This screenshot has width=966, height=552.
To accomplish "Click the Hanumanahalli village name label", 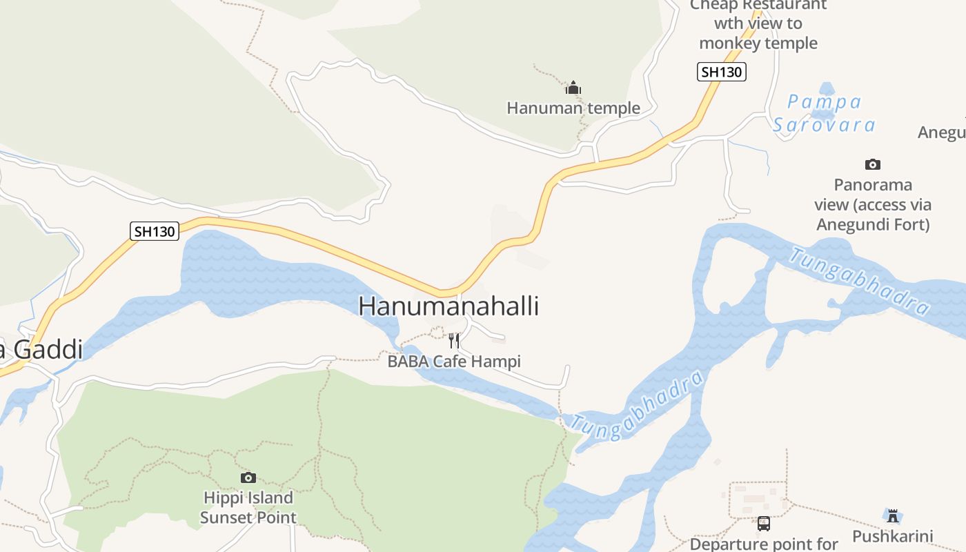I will (x=448, y=306).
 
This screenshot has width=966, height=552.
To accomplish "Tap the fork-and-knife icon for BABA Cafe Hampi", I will (x=454, y=340).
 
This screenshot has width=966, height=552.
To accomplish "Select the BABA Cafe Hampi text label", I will (x=454, y=361).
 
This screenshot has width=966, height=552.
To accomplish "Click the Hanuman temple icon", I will (x=573, y=88).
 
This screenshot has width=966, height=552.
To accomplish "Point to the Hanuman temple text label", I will (x=573, y=108).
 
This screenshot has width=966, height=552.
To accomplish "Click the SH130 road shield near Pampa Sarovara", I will (x=722, y=72).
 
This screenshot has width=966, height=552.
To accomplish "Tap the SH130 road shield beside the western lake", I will (x=155, y=231).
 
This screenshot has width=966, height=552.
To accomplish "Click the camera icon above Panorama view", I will (x=873, y=164).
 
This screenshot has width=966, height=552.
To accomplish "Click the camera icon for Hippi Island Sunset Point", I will (x=248, y=477).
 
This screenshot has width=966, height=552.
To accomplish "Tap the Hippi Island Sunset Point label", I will (x=248, y=507).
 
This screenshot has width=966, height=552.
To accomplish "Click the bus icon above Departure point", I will (x=764, y=523).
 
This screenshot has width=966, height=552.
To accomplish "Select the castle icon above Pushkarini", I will (x=893, y=515).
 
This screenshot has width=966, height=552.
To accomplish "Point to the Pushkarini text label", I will (x=893, y=536).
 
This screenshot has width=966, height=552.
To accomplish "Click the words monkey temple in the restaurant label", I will (x=758, y=43).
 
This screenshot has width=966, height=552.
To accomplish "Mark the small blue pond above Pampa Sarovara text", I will (x=827, y=90).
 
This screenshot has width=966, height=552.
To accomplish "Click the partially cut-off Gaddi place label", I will (x=41, y=350).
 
